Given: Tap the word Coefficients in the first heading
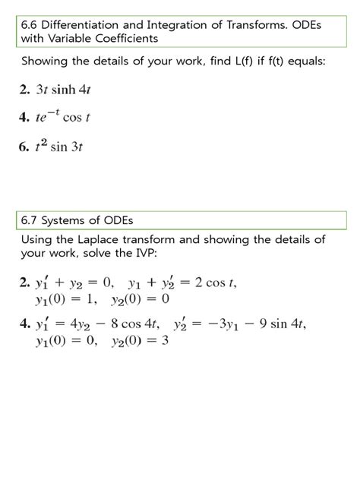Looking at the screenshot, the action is [125, 38].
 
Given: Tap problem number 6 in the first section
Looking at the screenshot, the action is [25, 147].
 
